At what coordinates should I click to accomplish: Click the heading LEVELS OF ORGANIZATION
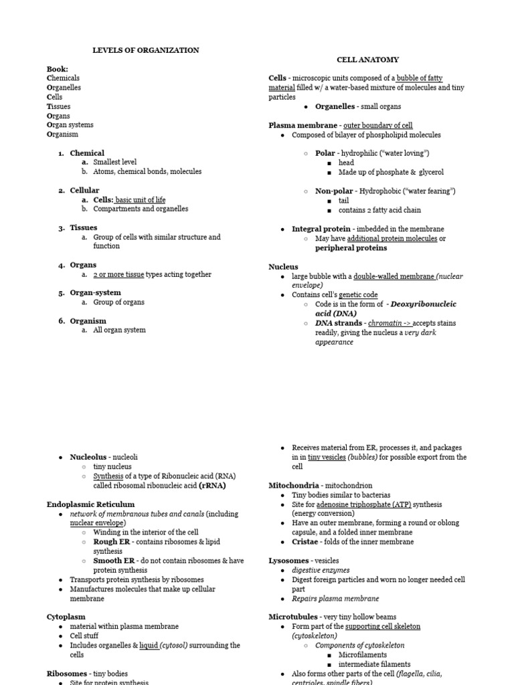click(x=145, y=50)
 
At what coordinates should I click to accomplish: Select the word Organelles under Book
click(x=64, y=88)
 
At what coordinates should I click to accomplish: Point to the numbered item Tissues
click(x=84, y=228)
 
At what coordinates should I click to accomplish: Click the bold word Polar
click(x=325, y=153)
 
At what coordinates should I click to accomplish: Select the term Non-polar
click(x=334, y=191)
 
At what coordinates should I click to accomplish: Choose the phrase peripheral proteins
click(x=351, y=248)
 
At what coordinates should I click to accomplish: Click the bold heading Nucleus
click(x=283, y=267)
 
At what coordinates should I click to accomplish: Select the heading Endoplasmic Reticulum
click(x=90, y=504)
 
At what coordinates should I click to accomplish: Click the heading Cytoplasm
click(x=65, y=617)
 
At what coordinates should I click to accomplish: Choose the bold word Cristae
click(x=306, y=542)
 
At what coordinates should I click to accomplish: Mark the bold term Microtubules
click(x=294, y=617)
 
